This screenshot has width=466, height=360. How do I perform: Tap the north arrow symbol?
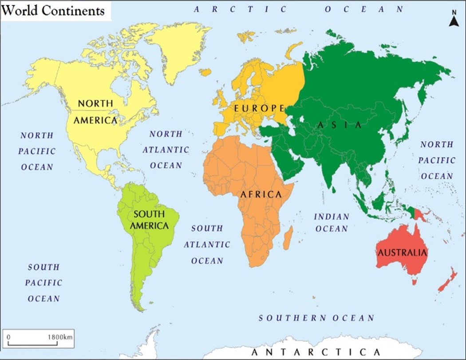point(454,20)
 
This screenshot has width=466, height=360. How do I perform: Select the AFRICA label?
point(261,194)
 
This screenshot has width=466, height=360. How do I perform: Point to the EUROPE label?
point(259,108)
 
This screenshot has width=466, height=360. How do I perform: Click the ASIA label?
point(340,125)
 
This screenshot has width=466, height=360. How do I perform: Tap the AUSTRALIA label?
point(402,253)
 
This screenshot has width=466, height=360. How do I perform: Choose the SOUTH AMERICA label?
point(149,220)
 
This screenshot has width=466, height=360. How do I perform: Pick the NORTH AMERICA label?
point(95,111)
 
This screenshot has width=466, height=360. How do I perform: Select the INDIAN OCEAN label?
point(332,222)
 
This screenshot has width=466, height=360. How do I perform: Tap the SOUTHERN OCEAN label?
point(316,318)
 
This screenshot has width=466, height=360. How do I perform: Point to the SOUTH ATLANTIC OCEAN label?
point(207,244)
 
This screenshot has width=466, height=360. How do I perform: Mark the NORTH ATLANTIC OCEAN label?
point(166,150)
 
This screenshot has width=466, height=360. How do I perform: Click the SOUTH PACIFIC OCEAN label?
point(43,283)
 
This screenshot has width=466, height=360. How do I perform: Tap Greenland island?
point(180,49)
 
